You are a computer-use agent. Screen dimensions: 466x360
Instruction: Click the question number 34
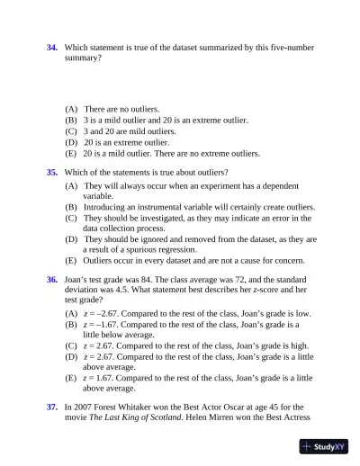(x=52, y=46)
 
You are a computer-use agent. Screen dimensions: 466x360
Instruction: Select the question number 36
(x=52, y=280)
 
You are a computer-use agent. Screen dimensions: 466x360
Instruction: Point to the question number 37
(x=52, y=408)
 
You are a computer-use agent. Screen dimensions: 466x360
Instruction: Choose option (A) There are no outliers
(x=109, y=109)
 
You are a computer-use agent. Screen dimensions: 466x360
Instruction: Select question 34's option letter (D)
(x=71, y=142)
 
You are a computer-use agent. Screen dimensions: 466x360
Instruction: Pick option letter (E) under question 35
(x=71, y=260)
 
